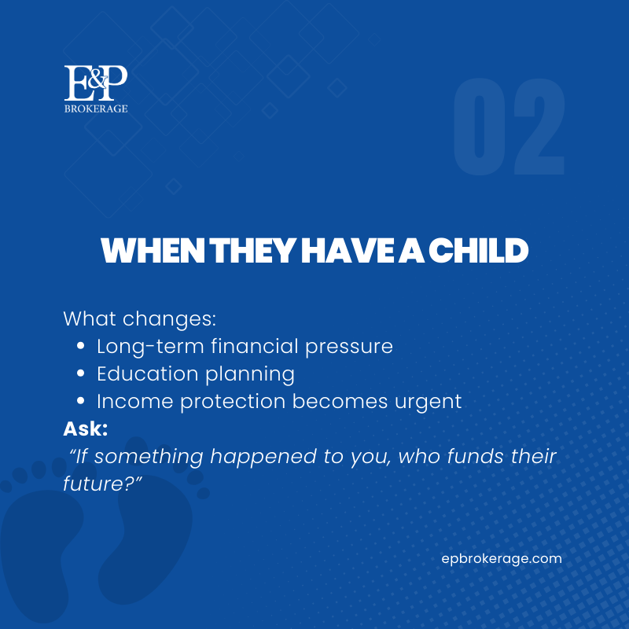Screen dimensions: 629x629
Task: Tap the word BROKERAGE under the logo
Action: (95, 109)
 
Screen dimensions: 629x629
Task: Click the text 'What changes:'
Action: (139, 319)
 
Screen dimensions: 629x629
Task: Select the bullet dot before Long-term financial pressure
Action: (81, 347)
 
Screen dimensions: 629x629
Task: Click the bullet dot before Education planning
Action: (81, 374)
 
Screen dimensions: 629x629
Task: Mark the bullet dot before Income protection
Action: (81, 402)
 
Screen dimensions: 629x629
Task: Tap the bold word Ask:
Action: (86, 429)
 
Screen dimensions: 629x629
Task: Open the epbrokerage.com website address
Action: (502, 559)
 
